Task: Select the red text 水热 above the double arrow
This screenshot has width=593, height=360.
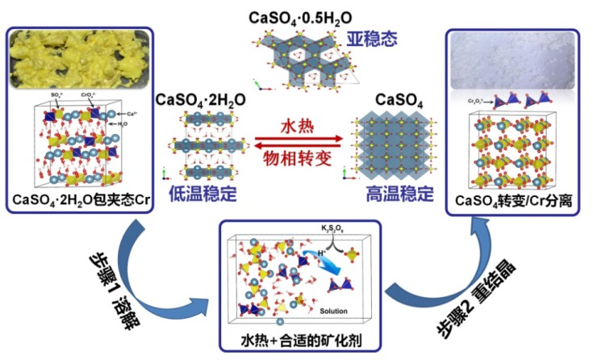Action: pyautogui.click(x=296, y=128)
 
